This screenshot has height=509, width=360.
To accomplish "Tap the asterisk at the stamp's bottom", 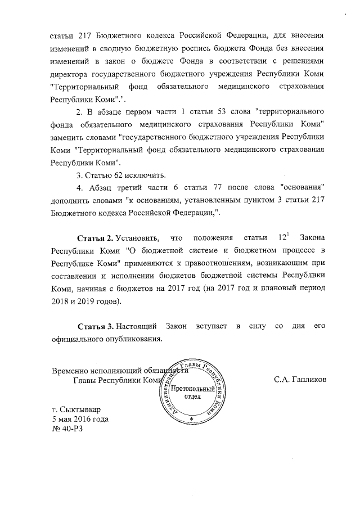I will tap(191, 420).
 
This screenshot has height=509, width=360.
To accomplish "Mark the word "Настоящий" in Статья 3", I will tap(139, 327).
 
